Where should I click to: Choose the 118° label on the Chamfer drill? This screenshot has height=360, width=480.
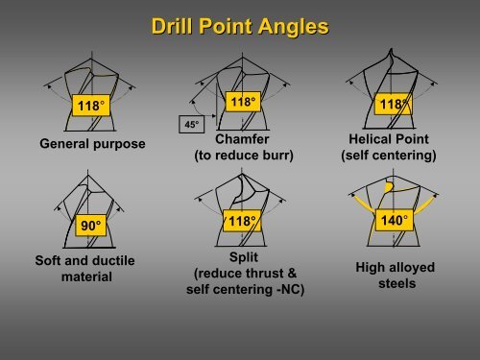[241, 102]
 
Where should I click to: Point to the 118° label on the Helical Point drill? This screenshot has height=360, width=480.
[393, 103]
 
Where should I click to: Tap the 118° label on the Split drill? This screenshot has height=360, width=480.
[240, 222]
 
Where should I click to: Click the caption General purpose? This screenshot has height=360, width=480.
[92, 144]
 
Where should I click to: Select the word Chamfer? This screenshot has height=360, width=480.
[240, 137]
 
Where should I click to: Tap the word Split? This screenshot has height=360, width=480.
[241, 257]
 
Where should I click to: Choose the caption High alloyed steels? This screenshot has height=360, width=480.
[394, 276]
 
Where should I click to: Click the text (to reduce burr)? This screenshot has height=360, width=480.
[240, 154]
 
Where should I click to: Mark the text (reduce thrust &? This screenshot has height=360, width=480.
[241, 274]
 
